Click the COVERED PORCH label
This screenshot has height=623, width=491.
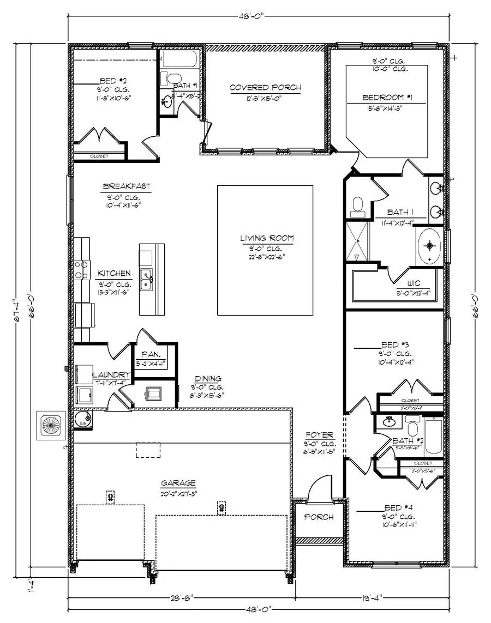click(x=265, y=88)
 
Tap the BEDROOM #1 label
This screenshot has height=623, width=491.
click(x=387, y=98)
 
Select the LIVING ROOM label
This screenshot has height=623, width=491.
click(x=267, y=238)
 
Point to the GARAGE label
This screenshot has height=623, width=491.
click(x=178, y=483)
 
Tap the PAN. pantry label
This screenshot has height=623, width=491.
click(x=149, y=354)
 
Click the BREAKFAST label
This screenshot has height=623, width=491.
click(x=126, y=186)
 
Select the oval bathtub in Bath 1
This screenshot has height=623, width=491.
click(x=430, y=246)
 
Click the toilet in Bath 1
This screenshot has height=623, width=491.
click(x=358, y=204)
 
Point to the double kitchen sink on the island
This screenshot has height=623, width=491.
click(x=147, y=280)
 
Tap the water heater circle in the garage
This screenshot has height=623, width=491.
click(x=83, y=419)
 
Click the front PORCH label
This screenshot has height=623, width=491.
click(x=319, y=517)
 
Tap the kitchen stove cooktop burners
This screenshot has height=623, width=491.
click(x=82, y=270)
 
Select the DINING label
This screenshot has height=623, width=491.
click(x=208, y=378)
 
